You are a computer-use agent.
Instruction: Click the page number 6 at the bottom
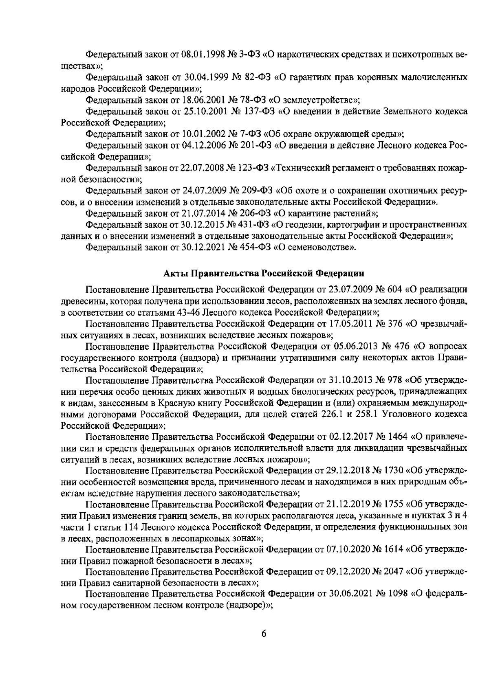[x=263, y=645]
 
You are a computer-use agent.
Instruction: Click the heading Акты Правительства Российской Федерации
[x=264, y=273]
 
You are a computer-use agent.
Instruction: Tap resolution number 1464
[x=396, y=437]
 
